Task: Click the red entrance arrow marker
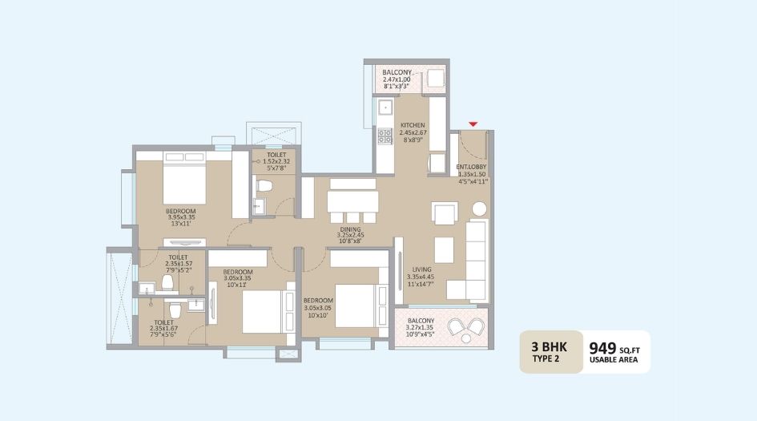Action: click(473, 123)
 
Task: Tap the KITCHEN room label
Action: click(413, 131)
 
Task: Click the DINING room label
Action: click(350, 234)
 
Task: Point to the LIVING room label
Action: click(422, 276)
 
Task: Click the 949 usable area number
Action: click(602, 348)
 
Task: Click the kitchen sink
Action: click(384, 105)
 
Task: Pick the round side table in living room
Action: click(479, 209)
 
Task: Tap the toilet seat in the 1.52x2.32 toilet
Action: click(266, 186)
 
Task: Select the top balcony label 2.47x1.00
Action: click(397, 76)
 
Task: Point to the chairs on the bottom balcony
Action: click(466, 327)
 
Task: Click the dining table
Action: click(352, 200)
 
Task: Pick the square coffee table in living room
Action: click(444, 245)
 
